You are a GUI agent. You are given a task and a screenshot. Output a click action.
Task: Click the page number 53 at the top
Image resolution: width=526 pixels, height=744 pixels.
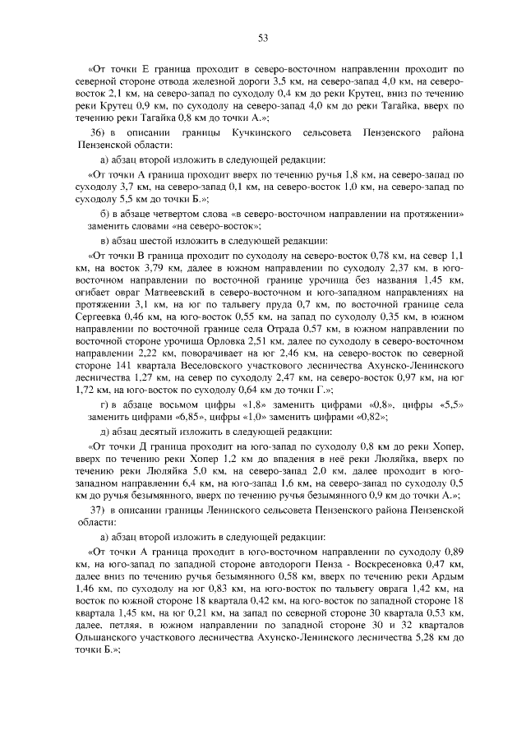click(x=263, y=39)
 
